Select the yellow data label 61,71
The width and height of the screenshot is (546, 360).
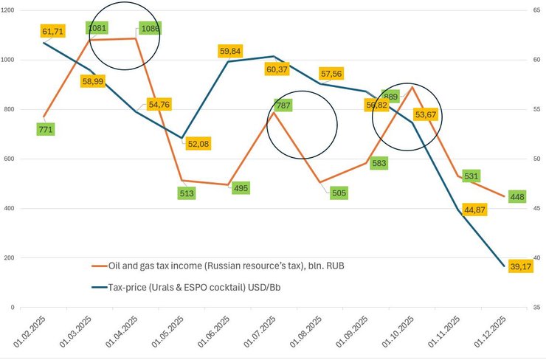pos(53,32)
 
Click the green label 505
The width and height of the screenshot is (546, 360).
pos(338,193)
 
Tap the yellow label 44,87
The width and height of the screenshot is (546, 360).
pos(475,210)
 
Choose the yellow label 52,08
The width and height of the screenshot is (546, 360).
pos(198,143)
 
